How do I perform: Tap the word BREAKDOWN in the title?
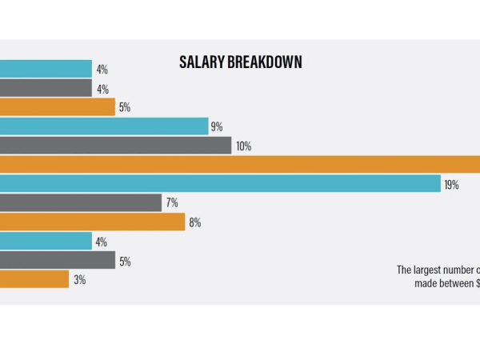point(263,62)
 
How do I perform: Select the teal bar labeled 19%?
point(220,184)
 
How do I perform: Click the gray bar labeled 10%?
point(115,146)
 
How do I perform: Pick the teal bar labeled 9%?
point(104,126)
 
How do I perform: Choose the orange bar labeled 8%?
point(92,222)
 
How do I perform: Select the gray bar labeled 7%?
point(80,202)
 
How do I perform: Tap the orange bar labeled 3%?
point(34,279)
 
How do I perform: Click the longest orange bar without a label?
point(240,164)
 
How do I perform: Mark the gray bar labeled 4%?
point(46,88)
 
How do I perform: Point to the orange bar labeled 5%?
point(58,107)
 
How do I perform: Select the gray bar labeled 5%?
point(58,260)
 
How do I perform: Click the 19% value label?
point(451,185)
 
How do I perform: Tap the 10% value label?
point(243,146)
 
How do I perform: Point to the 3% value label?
point(79,280)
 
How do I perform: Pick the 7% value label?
point(172,203)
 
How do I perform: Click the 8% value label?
point(195,222)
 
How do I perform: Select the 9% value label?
point(217,127)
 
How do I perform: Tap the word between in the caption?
point(455,283)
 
